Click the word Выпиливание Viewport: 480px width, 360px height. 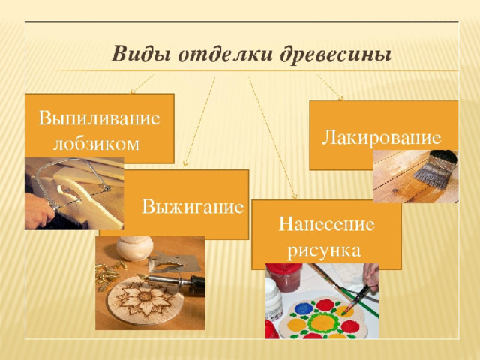click(99, 118)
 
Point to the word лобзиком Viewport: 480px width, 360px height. click(96, 143)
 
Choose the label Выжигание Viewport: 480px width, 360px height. click(193, 207)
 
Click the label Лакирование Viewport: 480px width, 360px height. click(382, 137)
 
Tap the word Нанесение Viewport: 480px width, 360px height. click(326, 224)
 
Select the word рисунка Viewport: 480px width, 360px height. click(325, 250)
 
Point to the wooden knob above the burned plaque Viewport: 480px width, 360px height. click(135, 247)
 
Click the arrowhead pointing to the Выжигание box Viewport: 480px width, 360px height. click(184, 164)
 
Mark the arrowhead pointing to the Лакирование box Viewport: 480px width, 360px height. click(341, 98)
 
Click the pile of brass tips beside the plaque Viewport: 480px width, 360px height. click(108, 273)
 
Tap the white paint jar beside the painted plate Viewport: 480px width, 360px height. click(273, 299)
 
